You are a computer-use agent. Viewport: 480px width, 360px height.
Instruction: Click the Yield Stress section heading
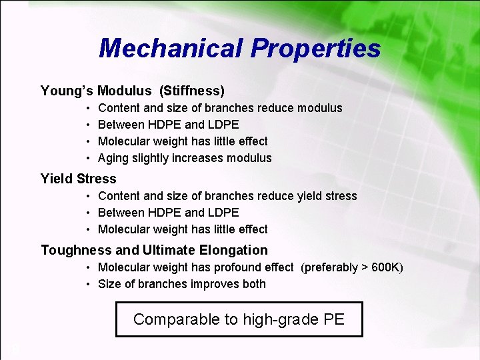click(78, 179)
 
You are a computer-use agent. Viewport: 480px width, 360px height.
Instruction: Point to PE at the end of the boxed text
click(333, 319)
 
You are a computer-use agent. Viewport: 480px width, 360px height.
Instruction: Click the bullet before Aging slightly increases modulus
click(89, 159)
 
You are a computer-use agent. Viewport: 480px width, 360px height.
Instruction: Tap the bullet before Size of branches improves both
click(89, 284)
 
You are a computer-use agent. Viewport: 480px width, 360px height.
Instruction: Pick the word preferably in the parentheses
click(329, 267)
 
